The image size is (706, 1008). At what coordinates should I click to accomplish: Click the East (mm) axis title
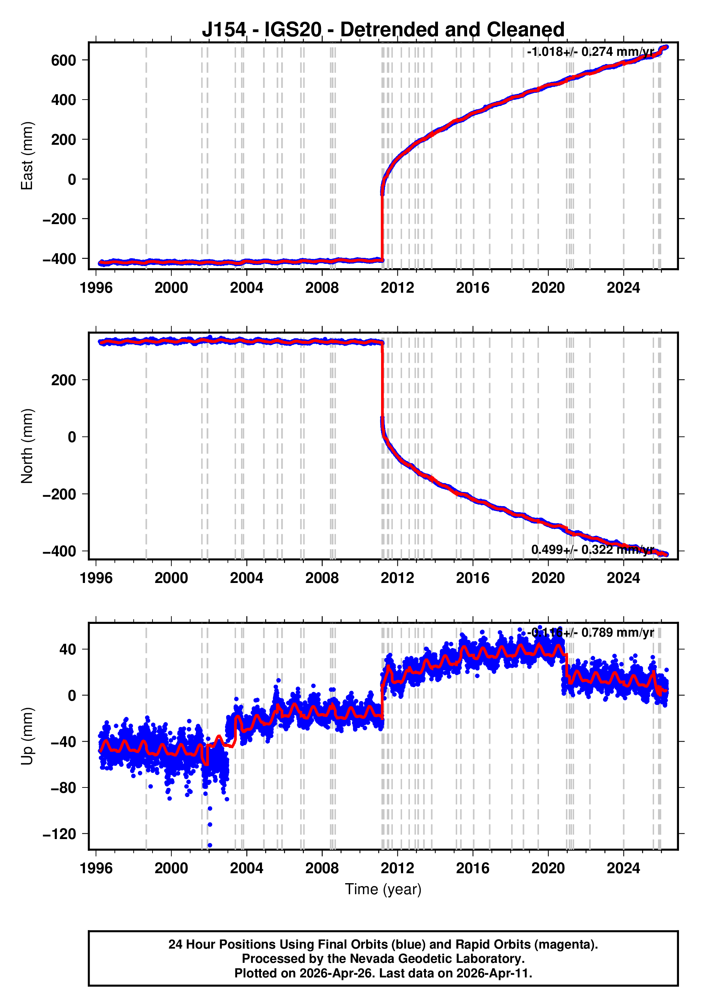tap(27, 156)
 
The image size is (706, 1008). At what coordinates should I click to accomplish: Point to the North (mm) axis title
tap(27, 446)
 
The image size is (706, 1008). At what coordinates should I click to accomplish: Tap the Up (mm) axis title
tap(27, 736)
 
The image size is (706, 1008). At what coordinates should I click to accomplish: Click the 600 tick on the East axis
tap(64, 60)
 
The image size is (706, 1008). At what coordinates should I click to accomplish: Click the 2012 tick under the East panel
tap(397, 288)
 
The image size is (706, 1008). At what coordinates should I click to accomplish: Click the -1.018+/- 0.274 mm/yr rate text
tap(590, 52)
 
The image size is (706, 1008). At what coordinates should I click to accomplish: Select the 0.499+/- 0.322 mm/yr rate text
tap(592, 550)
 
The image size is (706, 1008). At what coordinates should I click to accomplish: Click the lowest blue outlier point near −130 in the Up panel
tap(210, 845)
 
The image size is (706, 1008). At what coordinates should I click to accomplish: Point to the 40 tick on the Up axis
tap(68, 649)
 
